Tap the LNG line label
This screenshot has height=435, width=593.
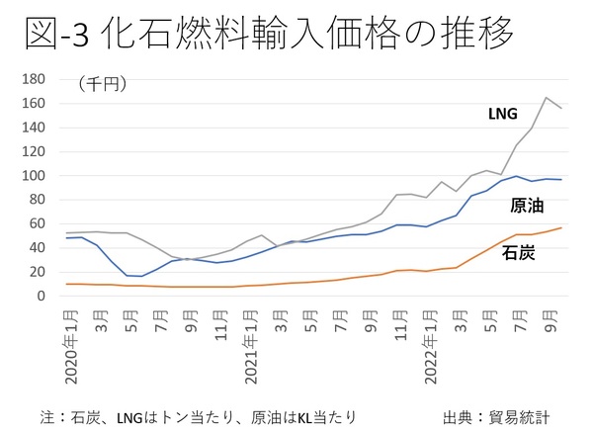click(x=503, y=114)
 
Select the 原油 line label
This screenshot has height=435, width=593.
click(x=526, y=206)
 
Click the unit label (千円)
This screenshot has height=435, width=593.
click(x=97, y=85)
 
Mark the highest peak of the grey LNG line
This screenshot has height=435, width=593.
click(x=546, y=97)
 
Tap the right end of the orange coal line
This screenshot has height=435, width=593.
click(x=561, y=227)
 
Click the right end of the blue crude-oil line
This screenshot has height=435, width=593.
click(x=561, y=180)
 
